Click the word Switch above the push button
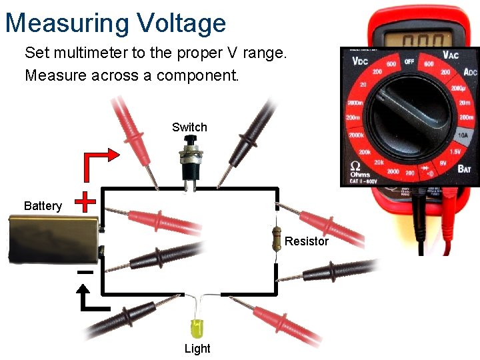point(189,127)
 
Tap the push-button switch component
point(189,160)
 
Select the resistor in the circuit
point(276,239)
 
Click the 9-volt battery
point(54,239)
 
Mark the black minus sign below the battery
point(85,272)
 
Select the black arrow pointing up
point(91,299)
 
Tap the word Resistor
point(307,241)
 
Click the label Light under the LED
point(197,349)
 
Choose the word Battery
point(43,206)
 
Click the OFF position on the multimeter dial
point(409,61)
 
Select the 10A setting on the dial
point(463,135)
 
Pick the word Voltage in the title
point(181,23)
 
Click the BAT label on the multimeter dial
point(463,169)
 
